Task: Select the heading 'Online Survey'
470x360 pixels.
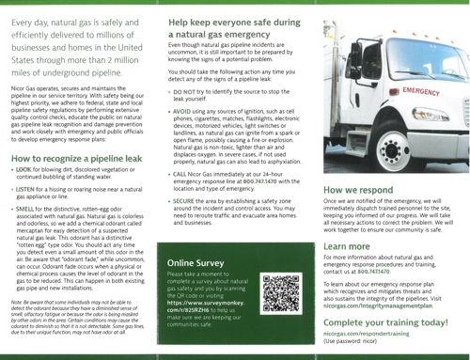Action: click(194, 261)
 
